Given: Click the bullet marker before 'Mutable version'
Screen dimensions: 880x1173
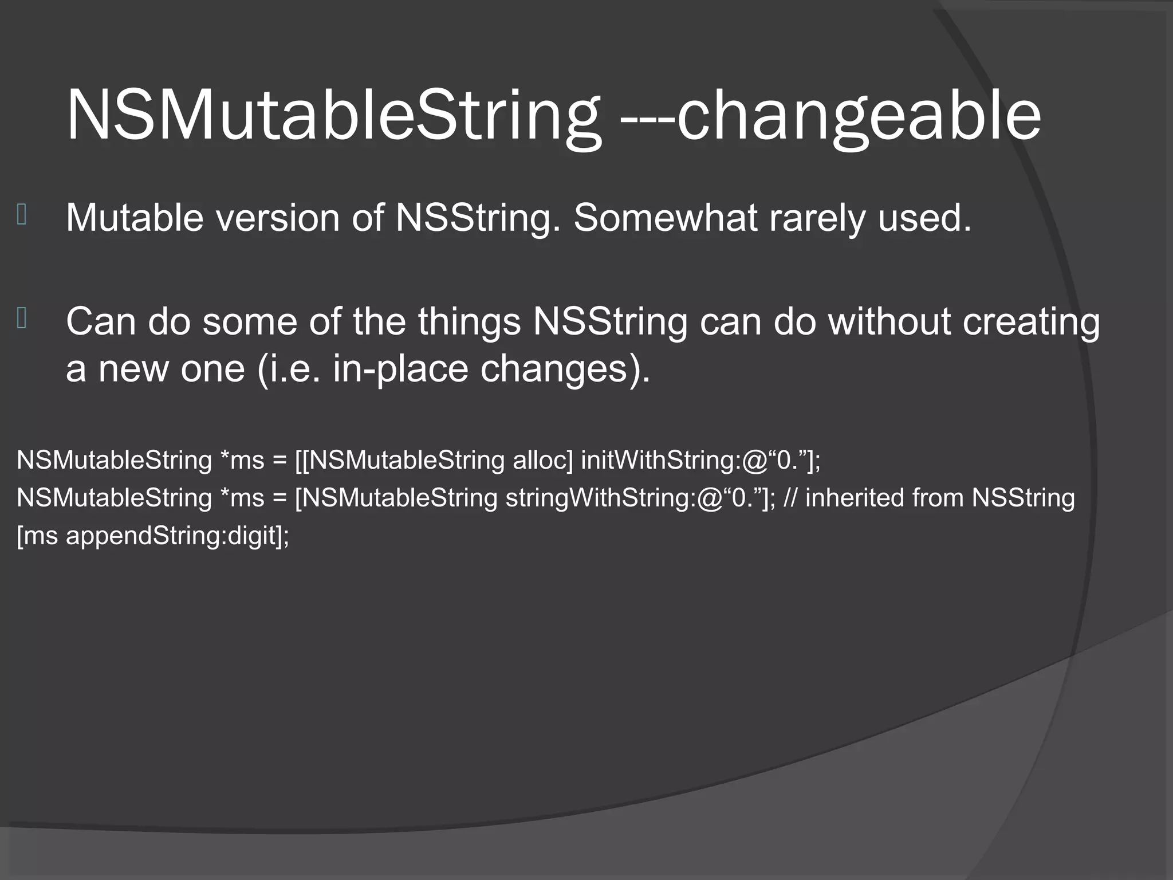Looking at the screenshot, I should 22,215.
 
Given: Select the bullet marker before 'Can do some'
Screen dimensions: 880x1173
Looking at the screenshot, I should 22,318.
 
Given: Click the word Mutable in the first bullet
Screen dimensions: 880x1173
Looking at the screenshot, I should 135,218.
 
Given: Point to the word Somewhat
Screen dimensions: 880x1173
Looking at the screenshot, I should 665,218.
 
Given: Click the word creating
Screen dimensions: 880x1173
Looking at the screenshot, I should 1031,321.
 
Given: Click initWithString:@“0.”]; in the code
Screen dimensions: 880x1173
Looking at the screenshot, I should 700,461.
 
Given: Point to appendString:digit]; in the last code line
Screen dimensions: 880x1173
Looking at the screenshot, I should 178,536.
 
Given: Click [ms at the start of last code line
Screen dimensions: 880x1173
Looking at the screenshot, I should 37,536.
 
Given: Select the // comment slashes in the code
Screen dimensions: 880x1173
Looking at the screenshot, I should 789,498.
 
